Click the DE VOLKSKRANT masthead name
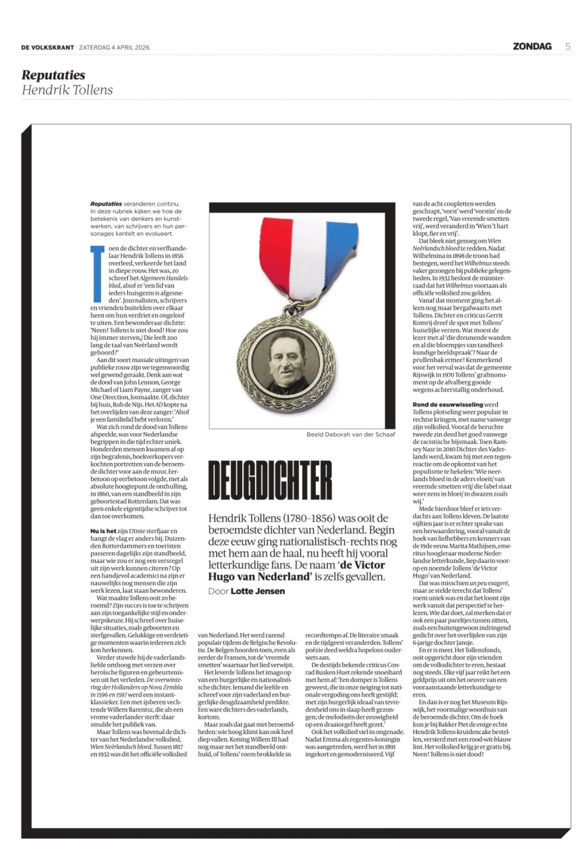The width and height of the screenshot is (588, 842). coord(48,47)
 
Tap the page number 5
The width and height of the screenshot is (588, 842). coord(568,47)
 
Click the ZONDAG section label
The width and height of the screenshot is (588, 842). coord(532,47)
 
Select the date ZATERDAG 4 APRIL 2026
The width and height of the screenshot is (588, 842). coord(114,48)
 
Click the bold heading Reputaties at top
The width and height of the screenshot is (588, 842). coord(53,75)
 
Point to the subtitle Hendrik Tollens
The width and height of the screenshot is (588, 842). coord(67,90)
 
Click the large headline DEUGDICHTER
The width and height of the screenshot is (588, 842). coord(270,480)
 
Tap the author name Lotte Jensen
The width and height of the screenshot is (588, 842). coord(258,591)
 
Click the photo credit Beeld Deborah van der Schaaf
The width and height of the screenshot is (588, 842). coord(350,434)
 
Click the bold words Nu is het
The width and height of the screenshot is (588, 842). coord(103,531)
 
